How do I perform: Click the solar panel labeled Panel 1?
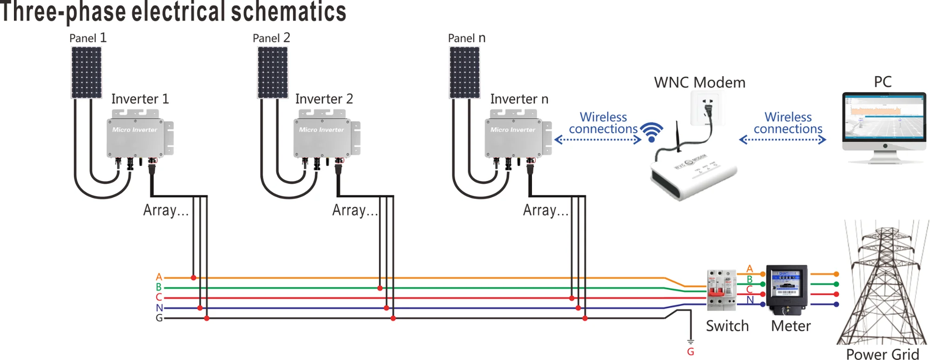pos(86,73)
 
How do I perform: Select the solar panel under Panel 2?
pos(273,73)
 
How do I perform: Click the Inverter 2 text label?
pos(324,99)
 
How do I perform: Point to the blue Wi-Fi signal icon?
pos(651,132)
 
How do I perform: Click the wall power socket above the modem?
pos(707,108)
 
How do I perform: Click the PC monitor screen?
pos(884,116)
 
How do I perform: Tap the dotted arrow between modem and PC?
pos(782,140)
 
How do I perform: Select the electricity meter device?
pos(786,289)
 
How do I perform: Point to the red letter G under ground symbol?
pos(691,352)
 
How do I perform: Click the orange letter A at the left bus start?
pos(159,277)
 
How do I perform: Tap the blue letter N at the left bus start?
pos(159,308)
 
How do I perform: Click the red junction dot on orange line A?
pos(193,278)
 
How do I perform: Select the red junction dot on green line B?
pos(380,288)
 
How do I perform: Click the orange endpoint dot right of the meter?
pos(836,274)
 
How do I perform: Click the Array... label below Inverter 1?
pos(166,210)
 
